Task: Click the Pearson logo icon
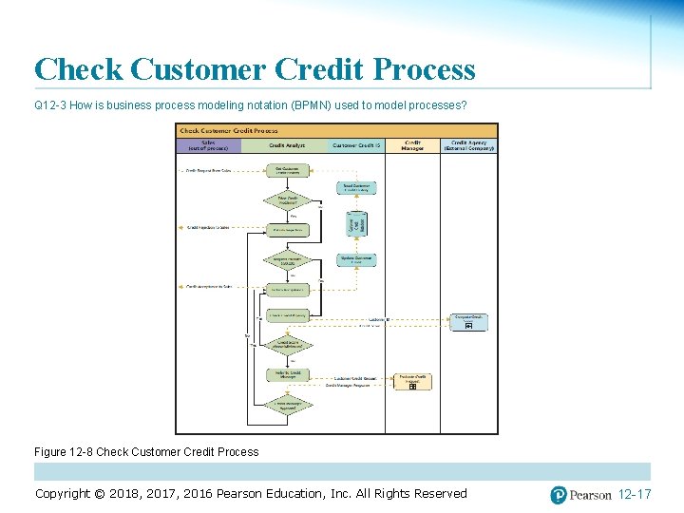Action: tap(559, 494)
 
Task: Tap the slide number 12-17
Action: tap(634, 494)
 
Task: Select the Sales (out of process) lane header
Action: tap(208, 146)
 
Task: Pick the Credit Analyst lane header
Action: tap(286, 146)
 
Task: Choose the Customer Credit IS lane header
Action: tap(356, 146)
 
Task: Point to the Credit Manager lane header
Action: tap(412, 146)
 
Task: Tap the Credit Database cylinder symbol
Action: tap(356, 223)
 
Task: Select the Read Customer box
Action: tap(356, 188)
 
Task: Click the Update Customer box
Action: tap(356, 259)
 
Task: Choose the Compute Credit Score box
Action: tap(469, 322)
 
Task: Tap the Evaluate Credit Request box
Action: tap(413, 381)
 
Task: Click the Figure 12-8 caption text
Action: tap(146, 451)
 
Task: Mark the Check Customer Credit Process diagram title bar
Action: tap(336, 131)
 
